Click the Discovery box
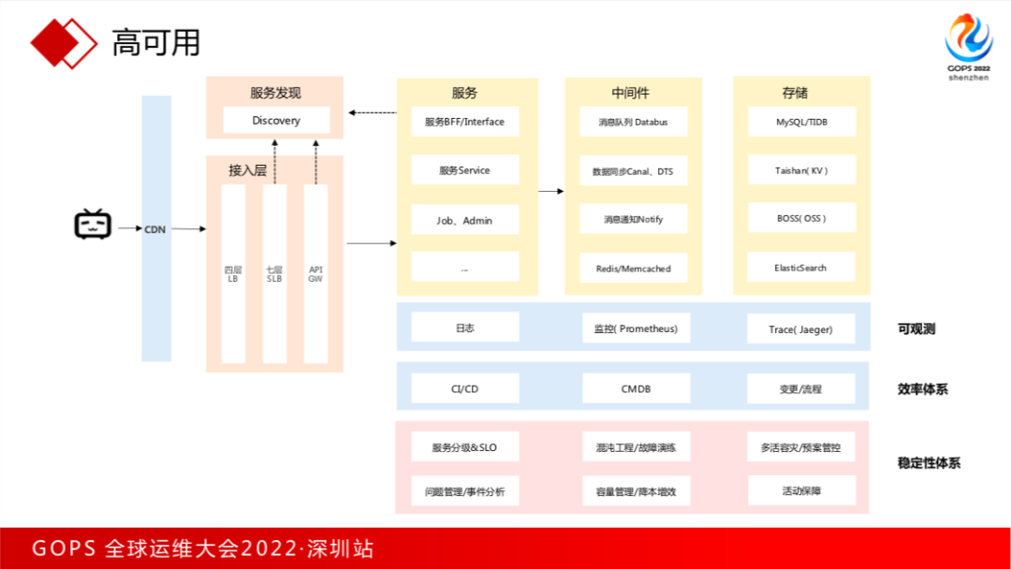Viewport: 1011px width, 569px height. tap(276, 121)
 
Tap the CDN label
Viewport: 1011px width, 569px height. tap(155, 229)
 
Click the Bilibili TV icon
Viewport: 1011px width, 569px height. tap(93, 225)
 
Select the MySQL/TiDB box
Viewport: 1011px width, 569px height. tap(801, 122)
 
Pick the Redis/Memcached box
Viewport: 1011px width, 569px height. tap(633, 268)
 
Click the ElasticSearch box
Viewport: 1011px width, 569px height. tap(801, 268)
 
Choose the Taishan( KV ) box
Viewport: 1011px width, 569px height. tap(801, 170)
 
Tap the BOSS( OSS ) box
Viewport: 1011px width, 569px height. tap(801, 218)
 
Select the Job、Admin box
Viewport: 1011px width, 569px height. tap(464, 220)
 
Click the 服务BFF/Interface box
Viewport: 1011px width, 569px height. tap(464, 122)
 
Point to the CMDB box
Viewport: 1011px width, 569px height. tap(636, 388)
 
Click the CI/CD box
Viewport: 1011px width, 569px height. tap(464, 388)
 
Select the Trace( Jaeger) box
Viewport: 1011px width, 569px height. tap(800, 328)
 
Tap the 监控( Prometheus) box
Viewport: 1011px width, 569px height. tap(636, 328)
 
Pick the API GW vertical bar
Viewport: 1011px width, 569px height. tap(315, 273)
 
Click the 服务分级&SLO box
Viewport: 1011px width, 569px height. tap(464, 447)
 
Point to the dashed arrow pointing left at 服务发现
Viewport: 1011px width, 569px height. tap(372, 113)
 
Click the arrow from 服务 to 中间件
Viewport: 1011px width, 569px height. tap(551, 192)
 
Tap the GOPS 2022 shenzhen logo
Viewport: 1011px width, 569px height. tap(968, 48)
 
